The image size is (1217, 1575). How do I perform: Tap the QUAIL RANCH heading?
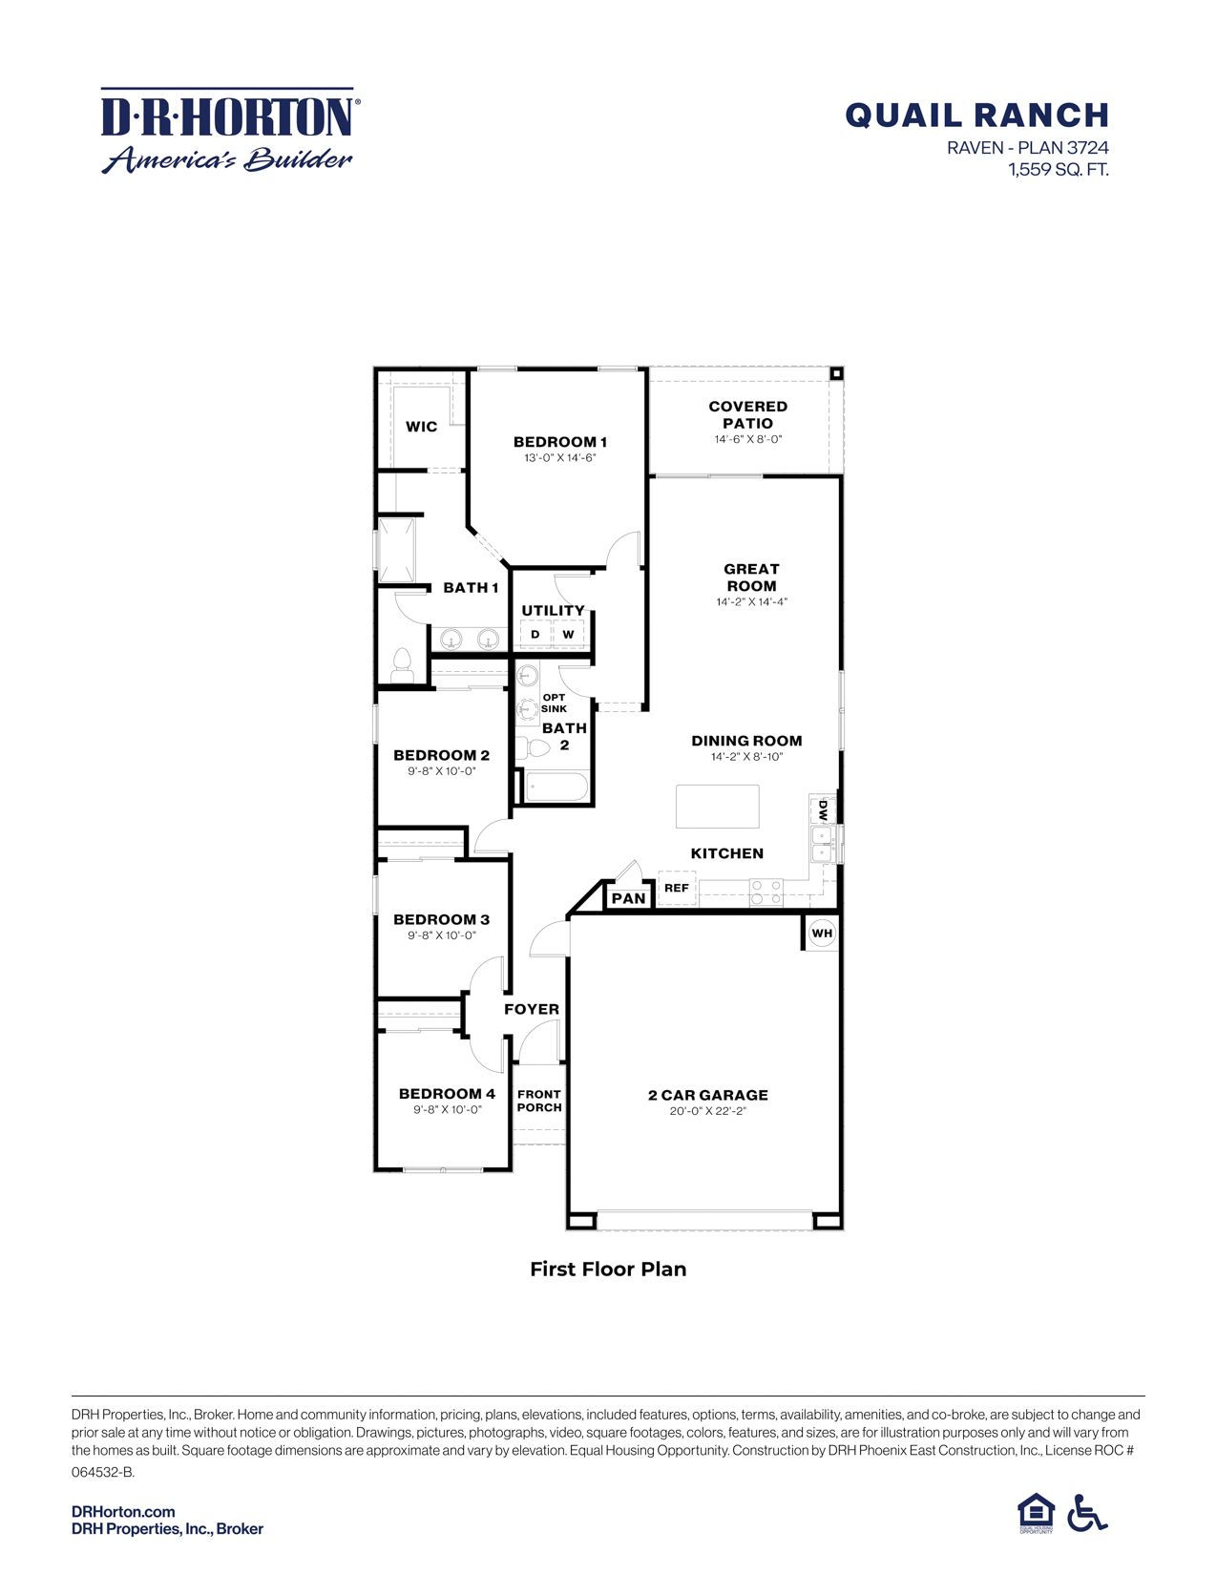(x=976, y=115)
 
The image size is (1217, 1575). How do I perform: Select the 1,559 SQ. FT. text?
(x=1058, y=170)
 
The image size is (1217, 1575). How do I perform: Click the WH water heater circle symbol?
(x=822, y=933)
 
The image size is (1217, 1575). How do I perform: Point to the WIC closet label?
(x=421, y=427)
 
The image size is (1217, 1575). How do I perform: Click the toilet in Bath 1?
(x=402, y=666)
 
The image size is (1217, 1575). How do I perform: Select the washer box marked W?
(x=569, y=635)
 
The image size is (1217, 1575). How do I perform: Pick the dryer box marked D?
(x=535, y=635)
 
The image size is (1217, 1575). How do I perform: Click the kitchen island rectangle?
(x=718, y=807)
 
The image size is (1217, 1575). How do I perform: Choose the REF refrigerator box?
(x=677, y=888)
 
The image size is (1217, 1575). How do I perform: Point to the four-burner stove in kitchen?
(x=766, y=892)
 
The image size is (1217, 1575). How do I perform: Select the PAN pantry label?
(x=628, y=898)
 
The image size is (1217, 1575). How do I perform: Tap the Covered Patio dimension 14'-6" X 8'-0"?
(x=747, y=439)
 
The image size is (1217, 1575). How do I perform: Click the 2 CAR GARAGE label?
(x=707, y=1095)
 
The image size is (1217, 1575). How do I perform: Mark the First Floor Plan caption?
(x=608, y=1269)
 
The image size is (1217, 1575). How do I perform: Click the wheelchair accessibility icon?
(x=1086, y=1512)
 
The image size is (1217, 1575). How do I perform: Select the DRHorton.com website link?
(x=123, y=1511)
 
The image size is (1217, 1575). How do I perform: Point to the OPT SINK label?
(x=554, y=703)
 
